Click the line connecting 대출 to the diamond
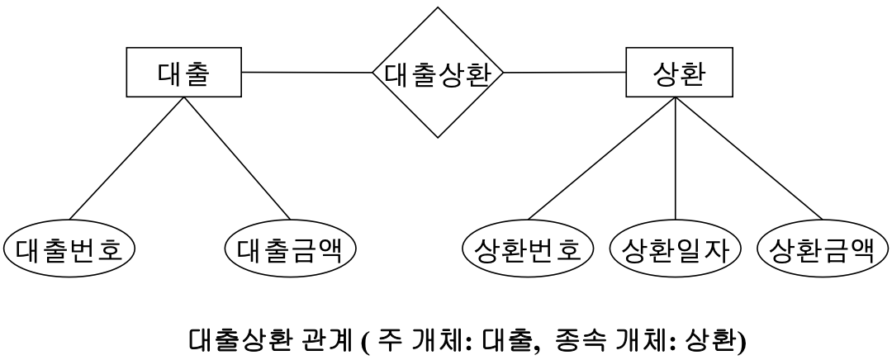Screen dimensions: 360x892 (x=306, y=73)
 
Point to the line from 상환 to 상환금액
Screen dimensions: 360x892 (x=747, y=157)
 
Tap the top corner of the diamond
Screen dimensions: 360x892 (x=438, y=7)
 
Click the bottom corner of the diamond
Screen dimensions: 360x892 (x=438, y=137)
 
